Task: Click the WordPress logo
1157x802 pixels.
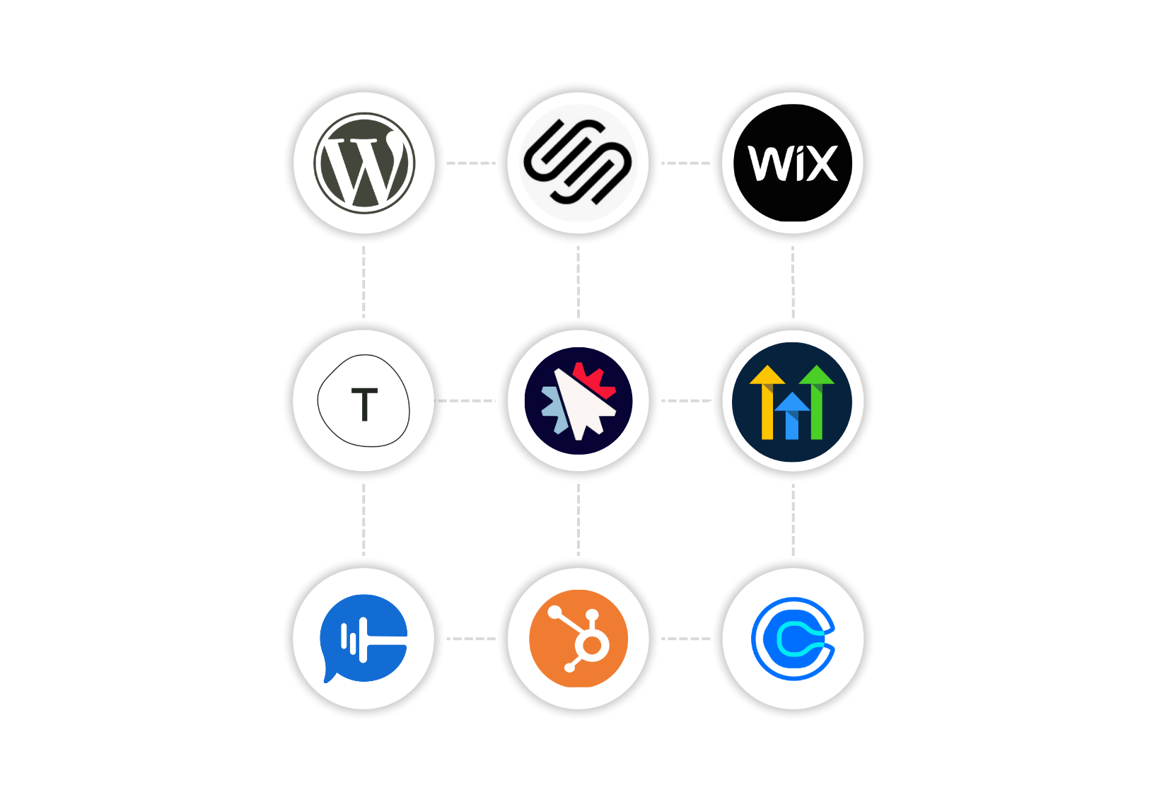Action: (364, 163)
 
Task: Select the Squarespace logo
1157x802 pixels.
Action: (578, 163)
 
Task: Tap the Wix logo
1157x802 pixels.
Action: (793, 163)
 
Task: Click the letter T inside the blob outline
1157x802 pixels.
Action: (364, 405)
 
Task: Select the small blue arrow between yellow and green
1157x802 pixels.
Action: (792, 416)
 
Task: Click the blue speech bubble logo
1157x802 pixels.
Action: (364, 638)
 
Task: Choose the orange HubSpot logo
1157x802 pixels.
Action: (578, 638)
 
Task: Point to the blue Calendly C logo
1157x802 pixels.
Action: (793, 638)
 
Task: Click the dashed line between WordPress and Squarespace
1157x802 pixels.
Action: (471, 163)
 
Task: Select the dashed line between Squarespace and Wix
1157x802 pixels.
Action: (685, 163)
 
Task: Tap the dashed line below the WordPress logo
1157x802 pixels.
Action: (364, 281)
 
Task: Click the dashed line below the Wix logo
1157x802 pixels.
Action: (793, 281)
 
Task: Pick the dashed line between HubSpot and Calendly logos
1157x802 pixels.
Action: (685, 639)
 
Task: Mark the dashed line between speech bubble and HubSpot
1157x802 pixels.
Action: (471, 639)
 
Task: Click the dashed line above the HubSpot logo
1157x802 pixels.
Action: (578, 520)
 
